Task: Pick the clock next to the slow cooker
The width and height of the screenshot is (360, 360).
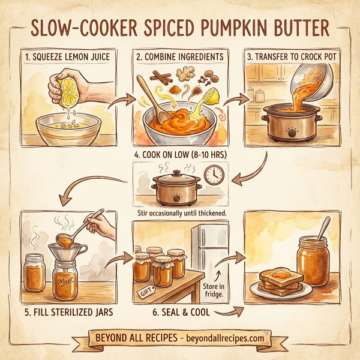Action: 213,175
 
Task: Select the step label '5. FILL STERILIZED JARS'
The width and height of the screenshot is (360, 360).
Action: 68,311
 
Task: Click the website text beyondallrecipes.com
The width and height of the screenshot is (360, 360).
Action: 221,338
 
